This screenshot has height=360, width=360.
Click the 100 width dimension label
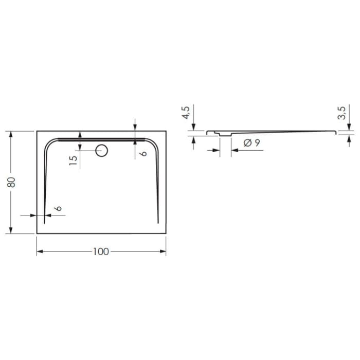(101, 251)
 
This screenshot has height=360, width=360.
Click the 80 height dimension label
(12, 182)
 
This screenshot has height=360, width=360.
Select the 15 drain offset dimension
(74, 159)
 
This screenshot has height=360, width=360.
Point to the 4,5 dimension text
(186, 112)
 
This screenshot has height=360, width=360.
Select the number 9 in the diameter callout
(256, 143)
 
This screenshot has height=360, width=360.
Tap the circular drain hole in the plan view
(101, 151)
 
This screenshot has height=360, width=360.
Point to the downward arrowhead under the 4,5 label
(193, 129)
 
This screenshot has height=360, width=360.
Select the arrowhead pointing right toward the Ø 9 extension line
(218, 150)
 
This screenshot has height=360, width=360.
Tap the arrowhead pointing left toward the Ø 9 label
(234, 150)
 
